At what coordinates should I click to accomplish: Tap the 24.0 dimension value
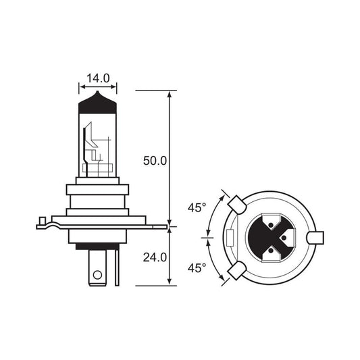coord(155,257)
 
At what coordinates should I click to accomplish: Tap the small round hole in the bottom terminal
coord(97,276)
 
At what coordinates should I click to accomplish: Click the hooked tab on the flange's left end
coord(43,222)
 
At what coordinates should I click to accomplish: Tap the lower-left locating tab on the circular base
coord(236,272)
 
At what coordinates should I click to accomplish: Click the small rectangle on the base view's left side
coord(232,238)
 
